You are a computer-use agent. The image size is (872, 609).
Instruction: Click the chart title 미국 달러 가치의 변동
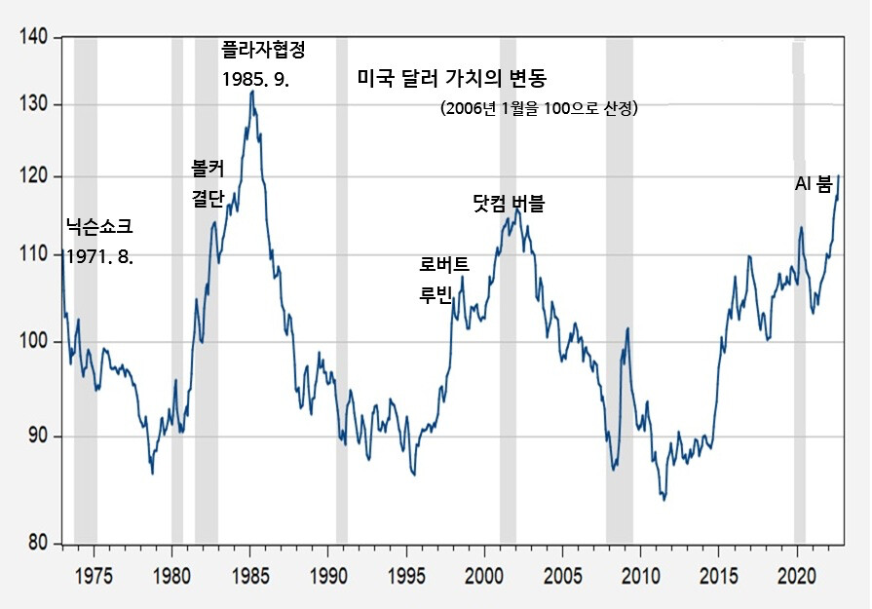tap(451, 78)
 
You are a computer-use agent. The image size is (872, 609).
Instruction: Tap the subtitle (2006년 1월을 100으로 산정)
tap(539, 108)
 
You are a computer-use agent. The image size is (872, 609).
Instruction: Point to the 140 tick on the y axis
tap(33, 37)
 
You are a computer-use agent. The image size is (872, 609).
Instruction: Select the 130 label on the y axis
tap(33, 104)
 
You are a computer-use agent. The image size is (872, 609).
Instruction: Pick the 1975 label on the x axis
tap(94, 576)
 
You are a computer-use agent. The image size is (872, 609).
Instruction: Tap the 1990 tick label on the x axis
tap(328, 576)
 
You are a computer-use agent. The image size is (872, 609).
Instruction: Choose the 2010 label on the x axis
tap(641, 576)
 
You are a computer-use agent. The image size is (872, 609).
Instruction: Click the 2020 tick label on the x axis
tap(797, 576)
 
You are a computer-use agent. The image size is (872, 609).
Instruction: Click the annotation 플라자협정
tap(264, 50)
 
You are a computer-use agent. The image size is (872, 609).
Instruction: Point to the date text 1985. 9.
tap(256, 80)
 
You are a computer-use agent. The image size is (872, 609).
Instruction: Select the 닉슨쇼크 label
tap(99, 226)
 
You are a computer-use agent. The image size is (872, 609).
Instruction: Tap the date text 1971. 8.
tap(100, 256)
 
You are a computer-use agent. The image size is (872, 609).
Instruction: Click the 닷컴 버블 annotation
tap(509, 203)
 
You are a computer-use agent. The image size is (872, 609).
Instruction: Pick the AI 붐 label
tap(813, 183)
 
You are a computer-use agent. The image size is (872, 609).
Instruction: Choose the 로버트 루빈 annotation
tap(444, 280)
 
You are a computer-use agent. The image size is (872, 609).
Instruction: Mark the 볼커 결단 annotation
tap(208, 183)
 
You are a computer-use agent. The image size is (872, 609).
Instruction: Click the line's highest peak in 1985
tap(252, 91)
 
